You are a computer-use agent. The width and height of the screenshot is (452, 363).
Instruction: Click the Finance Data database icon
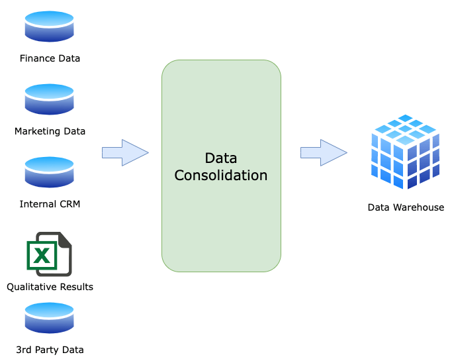pyautogui.click(x=50, y=27)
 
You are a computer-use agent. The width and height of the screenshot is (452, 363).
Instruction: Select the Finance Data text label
pyautogui.click(x=50, y=58)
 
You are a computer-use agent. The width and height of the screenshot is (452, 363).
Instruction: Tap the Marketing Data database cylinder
pyautogui.click(x=50, y=99)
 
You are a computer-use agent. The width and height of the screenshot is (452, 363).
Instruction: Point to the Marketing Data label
pyautogui.click(x=50, y=131)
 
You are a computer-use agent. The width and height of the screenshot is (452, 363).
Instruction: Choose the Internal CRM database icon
pyautogui.click(x=50, y=172)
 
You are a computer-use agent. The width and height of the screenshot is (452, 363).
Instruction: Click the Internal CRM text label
pyautogui.click(x=50, y=204)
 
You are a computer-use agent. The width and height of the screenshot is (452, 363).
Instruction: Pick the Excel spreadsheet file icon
pyautogui.click(x=49, y=254)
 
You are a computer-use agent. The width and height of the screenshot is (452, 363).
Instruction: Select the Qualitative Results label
pyautogui.click(x=50, y=287)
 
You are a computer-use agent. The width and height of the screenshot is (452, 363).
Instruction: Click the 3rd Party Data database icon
pyautogui.click(x=50, y=318)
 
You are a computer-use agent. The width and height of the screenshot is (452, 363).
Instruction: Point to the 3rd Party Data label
pyautogui.click(x=50, y=349)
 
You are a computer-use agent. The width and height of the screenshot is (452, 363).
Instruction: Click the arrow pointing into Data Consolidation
pyautogui.click(x=125, y=153)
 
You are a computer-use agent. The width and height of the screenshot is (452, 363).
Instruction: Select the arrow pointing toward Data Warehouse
pyautogui.click(x=324, y=153)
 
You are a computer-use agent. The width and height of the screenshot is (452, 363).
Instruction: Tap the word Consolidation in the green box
pyautogui.click(x=220, y=176)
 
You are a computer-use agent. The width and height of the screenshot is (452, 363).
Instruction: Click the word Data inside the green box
pyautogui.click(x=220, y=158)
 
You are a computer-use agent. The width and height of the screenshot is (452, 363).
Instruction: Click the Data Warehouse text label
pyautogui.click(x=406, y=207)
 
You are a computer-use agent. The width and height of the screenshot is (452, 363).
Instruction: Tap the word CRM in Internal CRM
pyautogui.click(x=69, y=204)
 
